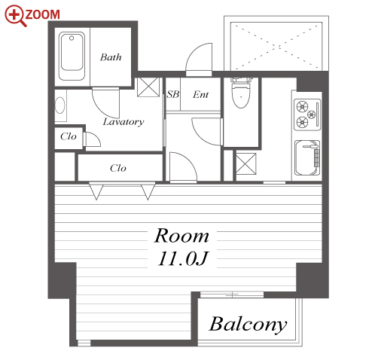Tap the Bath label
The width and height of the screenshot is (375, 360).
pyautogui.click(x=111, y=57)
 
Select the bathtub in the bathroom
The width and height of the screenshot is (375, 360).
pyautogui.click(x=72, y=56)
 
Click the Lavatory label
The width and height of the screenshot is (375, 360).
pyautogui.click(x=123, y=122)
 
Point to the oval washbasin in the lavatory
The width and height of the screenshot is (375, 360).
pyautogui.click(x=59, y=105)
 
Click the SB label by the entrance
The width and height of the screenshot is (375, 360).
pyautogui.click(x=173, y=94)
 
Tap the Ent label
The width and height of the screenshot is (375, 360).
pyautogui.click(x=200, y=95)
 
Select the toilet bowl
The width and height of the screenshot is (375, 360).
pyautogui.click(x=241, y=93)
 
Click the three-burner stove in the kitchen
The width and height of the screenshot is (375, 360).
pyautogui.click(x=307, y=114)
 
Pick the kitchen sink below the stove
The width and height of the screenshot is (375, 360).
pyautogui.click(x=307, y=157)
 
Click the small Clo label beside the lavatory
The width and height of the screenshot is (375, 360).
pyautogui.click(x=68, y=136)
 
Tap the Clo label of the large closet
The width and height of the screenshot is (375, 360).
pyautogui.click(x=118, y=168)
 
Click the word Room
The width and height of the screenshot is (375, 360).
pyautogui.click(x=181, y=236)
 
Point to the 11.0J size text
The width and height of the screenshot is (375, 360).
pyautogui.click(x=183, y=258)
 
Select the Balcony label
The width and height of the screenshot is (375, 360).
pyautogui.click(x=248, y=324)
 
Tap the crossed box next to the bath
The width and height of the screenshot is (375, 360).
pyautogui.click(x=148, y=87)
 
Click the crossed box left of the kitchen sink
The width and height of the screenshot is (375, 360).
pyautogui.click(x=246, y=163)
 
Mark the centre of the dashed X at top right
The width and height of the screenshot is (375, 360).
pyautogui.click(x=276, y=47)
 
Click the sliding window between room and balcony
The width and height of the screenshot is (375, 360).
pyautogui.click(x=232, y=294)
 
